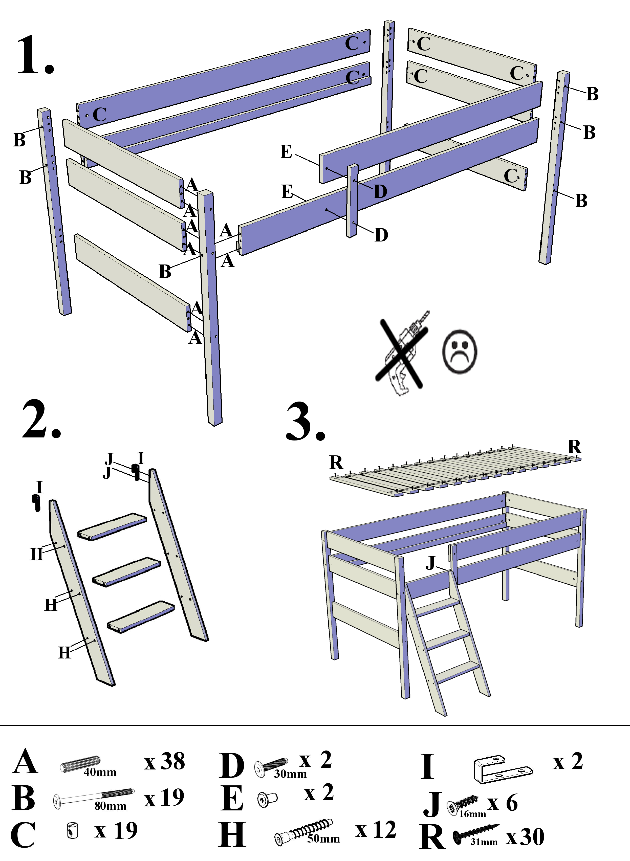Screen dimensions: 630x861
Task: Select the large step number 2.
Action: click(x=41, y=420)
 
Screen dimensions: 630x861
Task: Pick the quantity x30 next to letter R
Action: click(x=525, y=837)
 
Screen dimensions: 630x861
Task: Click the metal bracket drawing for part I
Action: click(x=503, y=769)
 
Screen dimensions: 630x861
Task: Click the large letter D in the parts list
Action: click(x=231, y=766)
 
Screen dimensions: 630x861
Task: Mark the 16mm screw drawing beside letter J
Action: click(x=463, y=806)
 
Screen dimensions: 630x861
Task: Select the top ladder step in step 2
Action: click(x=112, y=526)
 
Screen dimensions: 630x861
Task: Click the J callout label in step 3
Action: click(x=430, y=563)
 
